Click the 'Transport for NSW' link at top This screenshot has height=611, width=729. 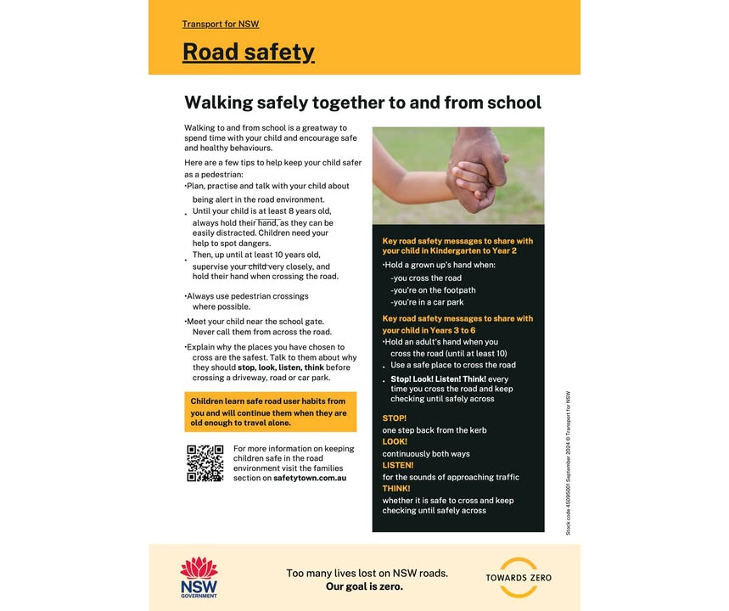[220, 24]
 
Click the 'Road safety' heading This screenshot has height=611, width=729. [248, 52]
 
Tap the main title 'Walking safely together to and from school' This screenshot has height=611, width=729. [362, 103]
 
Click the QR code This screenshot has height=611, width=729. [205, 463]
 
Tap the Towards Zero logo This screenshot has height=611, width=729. [518, 577]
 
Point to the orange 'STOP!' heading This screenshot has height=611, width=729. [395, 418]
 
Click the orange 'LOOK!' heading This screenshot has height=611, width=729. [395, 442]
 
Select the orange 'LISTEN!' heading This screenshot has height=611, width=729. [398, 465]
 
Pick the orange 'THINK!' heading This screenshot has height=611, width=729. [396, 489]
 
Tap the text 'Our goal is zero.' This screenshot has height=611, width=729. [364, 586]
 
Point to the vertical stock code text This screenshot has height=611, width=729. [568, 462]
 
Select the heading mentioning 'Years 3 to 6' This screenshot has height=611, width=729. [457, 324]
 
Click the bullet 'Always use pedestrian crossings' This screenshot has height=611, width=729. [248, 296]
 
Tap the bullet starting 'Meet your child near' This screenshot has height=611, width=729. [255, 322]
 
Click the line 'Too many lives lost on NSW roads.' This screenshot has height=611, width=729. [367, 573]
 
